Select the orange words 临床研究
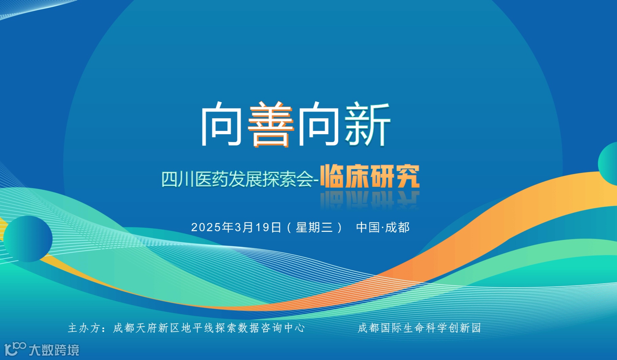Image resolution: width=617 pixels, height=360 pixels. [x=370, y=176]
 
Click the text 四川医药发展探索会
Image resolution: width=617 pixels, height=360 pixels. [x=237, y=179]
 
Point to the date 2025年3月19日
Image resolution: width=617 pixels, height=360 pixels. [x=236, y=227]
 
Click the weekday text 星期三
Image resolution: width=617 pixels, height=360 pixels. [x=314, y=227]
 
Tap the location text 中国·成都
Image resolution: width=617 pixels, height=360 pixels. [x=383, y=227]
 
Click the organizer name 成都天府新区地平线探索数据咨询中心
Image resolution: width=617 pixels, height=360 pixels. [x=209, y=328]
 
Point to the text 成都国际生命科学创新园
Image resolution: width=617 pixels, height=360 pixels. [x=419, y=328]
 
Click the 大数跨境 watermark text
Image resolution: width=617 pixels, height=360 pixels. [x=54, y=350]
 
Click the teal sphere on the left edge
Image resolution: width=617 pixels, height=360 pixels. [x=28, y=239]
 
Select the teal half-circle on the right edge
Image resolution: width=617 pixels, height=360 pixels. [x=609, y=164]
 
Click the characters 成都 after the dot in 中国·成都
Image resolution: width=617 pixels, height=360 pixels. [x=397, y=227]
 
